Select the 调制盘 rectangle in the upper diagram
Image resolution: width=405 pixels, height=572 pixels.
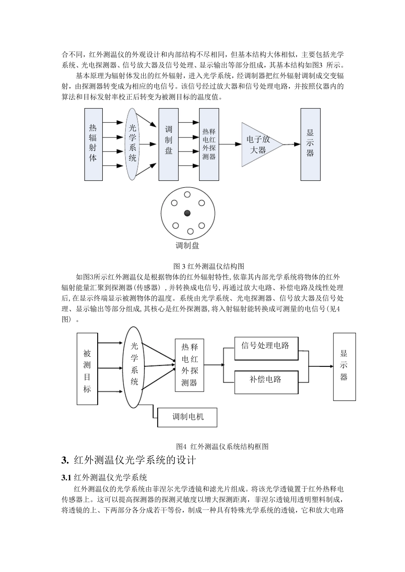pyautogui.click(x=168, y=144)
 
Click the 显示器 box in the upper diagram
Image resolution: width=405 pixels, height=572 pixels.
pyautogui.click(x=310, y=144)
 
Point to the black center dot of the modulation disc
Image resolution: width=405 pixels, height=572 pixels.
pyautogui.click(x=187, y=213)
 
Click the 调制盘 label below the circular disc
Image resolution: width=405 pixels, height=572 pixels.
pyautogui.click(x=187, y=246)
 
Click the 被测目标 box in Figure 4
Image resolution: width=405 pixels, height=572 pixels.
pyautogui.click(x=87, y=369)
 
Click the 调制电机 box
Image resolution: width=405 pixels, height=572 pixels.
pyautogui.click(x=188, y=417)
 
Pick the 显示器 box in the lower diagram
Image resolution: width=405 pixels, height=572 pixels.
pyautogui.click(x=344, y=366)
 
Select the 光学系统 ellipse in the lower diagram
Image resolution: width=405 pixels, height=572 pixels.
pyautogui.click(x=134, y=367)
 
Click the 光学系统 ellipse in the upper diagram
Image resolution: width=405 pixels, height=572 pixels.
pyautogui.click(x=133, y=143)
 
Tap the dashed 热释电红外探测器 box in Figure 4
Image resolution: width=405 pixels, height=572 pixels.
pyautogui.click(x=189, y=365)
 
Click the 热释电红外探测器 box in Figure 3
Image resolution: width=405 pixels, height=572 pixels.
pyautogui.click(x=209, y=144)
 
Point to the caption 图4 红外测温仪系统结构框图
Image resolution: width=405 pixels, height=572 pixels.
pyautogui.click(x=222, y=446)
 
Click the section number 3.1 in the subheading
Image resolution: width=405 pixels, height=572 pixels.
pyautogui.click(x=67, y=477)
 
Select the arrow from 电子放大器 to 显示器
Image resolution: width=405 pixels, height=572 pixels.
pyautogui.click(x=292, y=144)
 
